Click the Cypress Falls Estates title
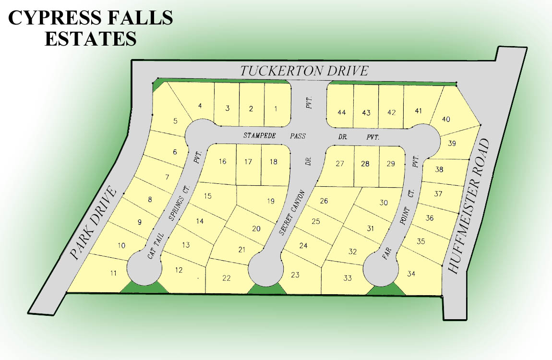[x=91, y=28]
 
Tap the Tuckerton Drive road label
[x=304, y=71]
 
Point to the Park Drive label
[x=94, y=224]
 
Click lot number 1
[x=275, y=108]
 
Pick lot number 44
[x=341, y=112]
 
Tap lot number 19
[x=270, y=201]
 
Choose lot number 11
[x=113, y=274]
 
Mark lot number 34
[x=411, y=274]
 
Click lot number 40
[x=446, y=119]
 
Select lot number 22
[x=227, y=277]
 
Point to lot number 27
[x=340, y=164]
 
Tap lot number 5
[x=175, y=120]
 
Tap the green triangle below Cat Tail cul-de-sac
[x=144, y=288]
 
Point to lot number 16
[x=222, y=161]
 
